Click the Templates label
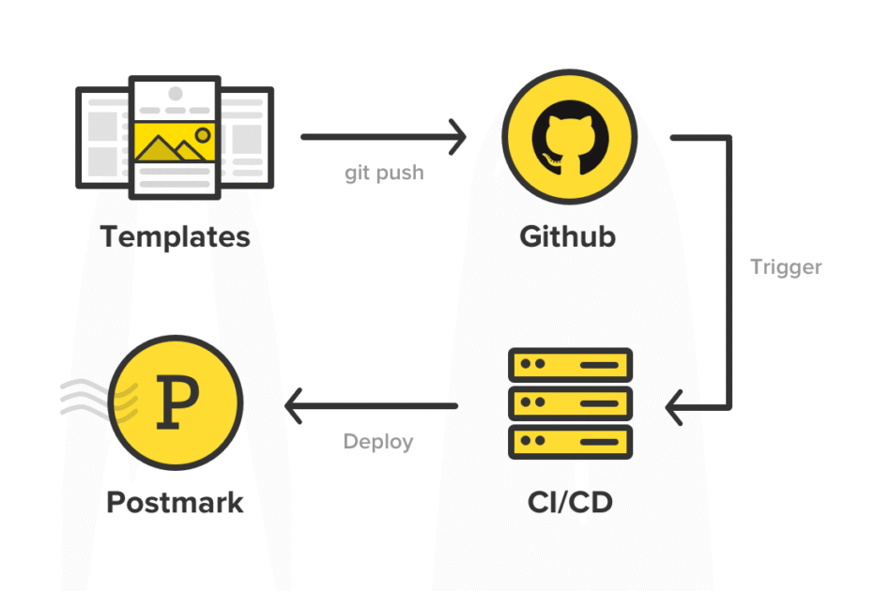click(x=175, y=236)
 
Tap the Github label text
click(x=567, y=236)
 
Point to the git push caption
click(x=383, y=174)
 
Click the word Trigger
click(x=786, y=266)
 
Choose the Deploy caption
click(x=377, y=442)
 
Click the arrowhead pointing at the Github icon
click(x=458, y=137)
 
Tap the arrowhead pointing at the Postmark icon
click(x=293, y=406)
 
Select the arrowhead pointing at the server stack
click(x=674, y=408)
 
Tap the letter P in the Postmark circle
click(x=176, y=401)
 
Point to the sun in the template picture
click(x=201, y=134)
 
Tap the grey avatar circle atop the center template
click(x=175, y=94)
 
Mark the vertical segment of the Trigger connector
click(x=729, y=272)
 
